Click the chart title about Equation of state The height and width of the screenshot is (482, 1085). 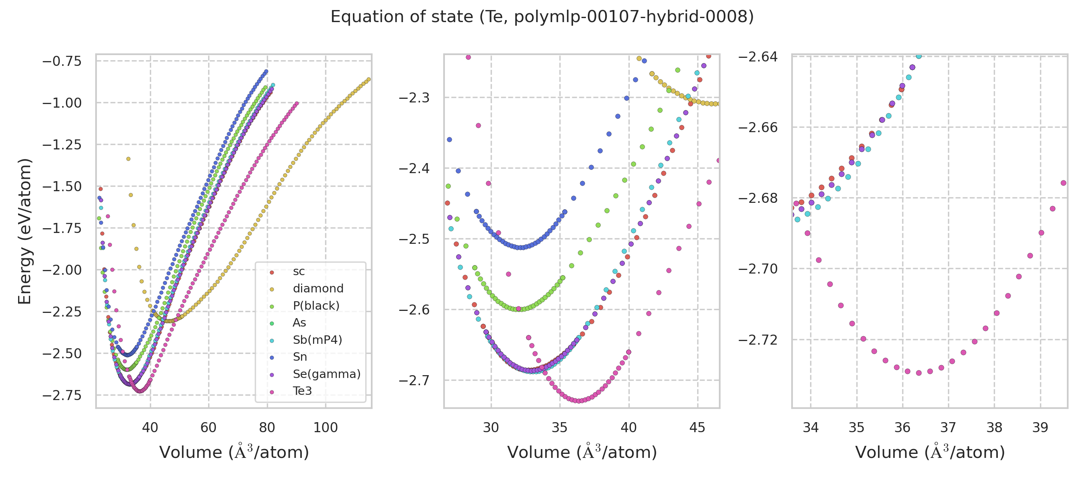542,17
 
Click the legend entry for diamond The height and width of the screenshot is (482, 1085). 318,289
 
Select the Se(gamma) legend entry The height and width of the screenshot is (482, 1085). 326,374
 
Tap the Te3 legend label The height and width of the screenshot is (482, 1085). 303,391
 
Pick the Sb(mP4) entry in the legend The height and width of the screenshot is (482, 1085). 317,340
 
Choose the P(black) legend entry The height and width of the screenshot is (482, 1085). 316,306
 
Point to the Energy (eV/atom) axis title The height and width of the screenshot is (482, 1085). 25,231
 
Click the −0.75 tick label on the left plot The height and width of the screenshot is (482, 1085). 62,61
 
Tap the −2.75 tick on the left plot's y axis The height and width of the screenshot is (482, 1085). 62,395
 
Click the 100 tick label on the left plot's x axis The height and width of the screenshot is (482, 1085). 325,428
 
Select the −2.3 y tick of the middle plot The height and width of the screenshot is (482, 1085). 414,98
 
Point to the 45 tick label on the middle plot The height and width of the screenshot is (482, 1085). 698,428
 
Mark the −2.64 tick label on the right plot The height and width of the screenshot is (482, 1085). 758,56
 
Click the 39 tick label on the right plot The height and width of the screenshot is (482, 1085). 1040,428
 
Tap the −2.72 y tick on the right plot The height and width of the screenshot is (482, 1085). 758,340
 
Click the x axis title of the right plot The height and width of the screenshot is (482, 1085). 930,453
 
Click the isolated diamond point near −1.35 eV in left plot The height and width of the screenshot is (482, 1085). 129,159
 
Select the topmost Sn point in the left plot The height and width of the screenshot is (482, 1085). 266,71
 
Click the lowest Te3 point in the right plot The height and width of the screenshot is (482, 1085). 919,373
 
